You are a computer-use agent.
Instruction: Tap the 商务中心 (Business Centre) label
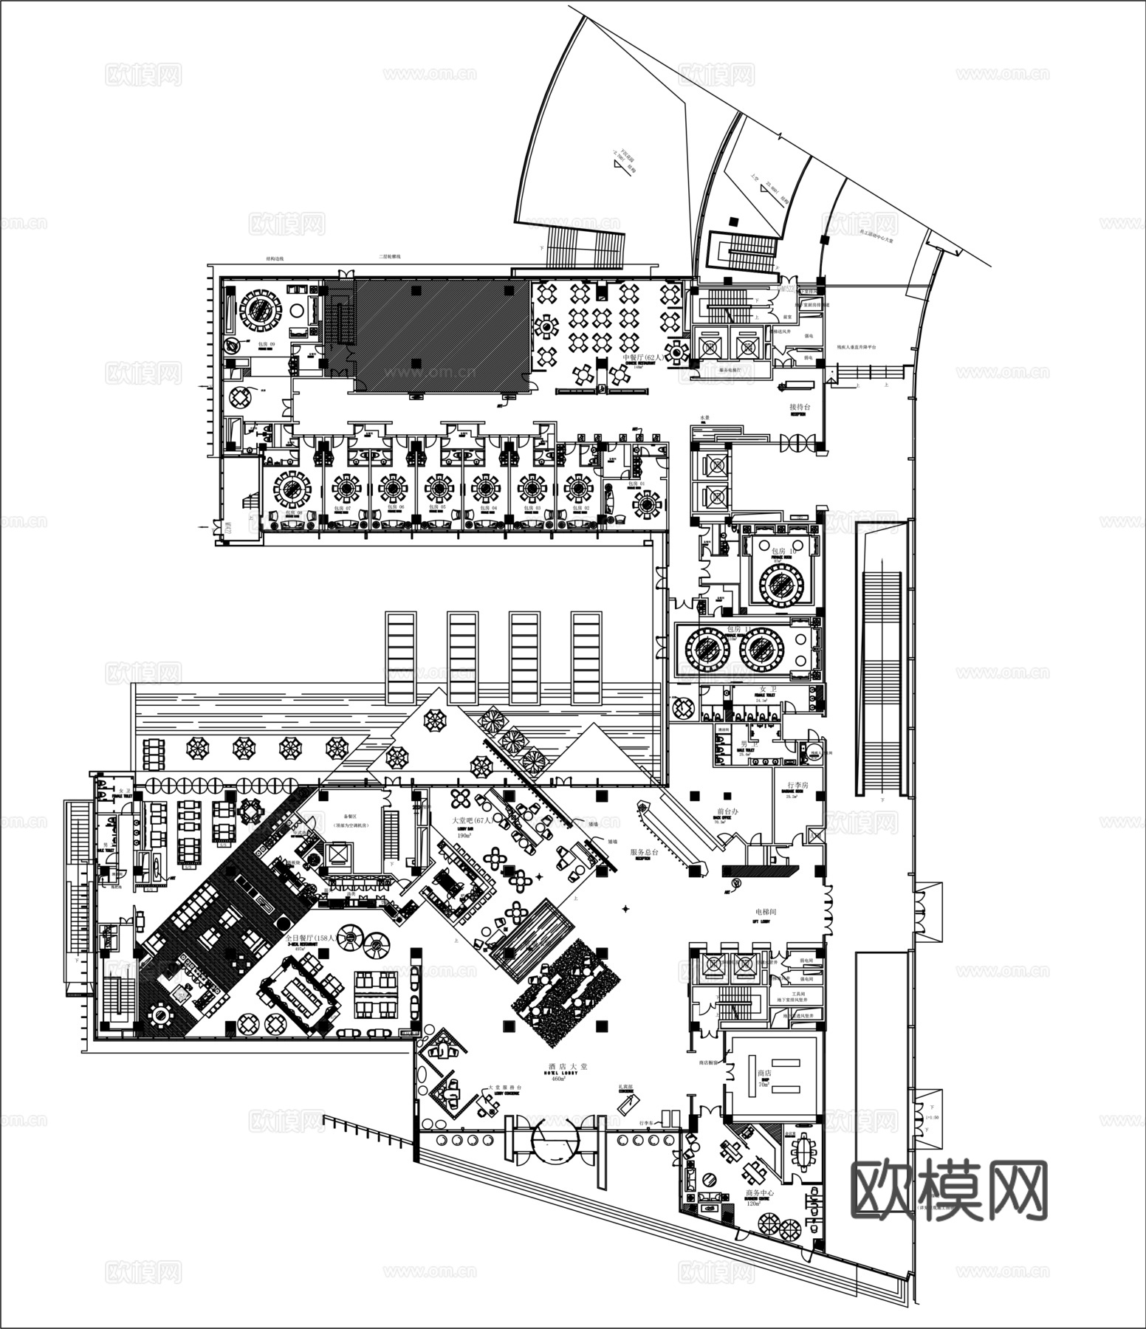click(x=760, y=1192)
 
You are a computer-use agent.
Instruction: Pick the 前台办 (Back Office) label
click(x=727, y=811)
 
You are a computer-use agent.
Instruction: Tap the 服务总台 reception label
click(x=645, y=851)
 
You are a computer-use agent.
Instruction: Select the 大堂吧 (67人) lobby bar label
click(x=471, y=820)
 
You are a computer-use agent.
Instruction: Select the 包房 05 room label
click(x=439, y=508)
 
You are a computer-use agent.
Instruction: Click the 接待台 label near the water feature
click(x=800, y=407)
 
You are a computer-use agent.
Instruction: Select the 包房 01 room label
click(x=637, y=484)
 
